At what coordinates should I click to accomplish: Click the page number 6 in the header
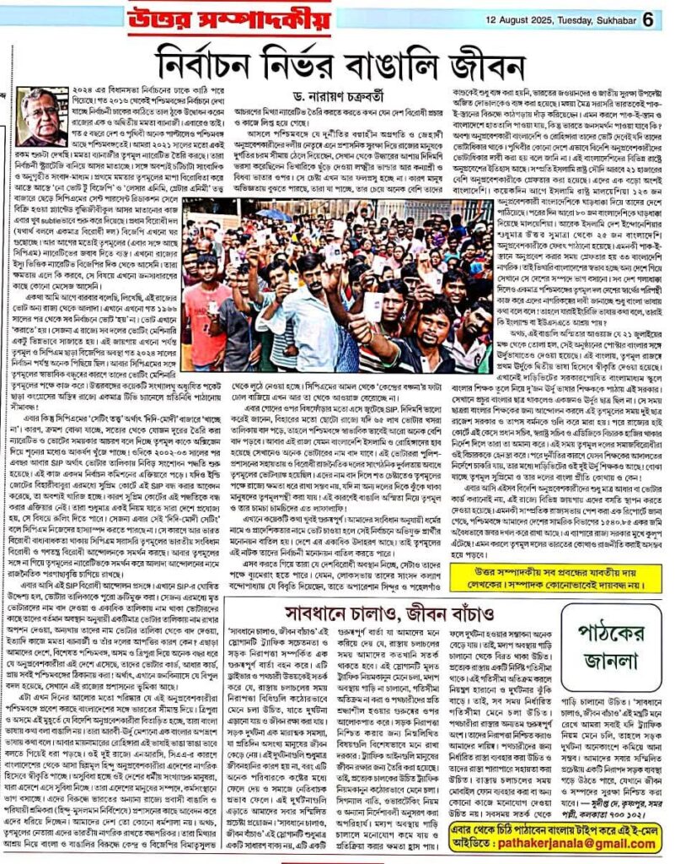tap(647, 17)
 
